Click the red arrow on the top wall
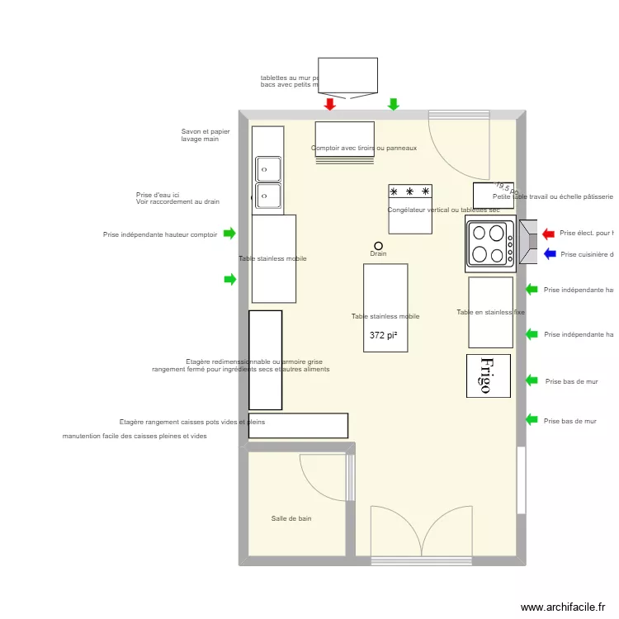(330, 104)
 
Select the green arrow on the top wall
(394, 104)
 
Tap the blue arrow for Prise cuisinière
(550, 254)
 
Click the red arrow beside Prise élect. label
(550, 234)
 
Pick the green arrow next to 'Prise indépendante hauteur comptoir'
(230, 234)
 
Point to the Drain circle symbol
(379, 245)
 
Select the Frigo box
(488, 375)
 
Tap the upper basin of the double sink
(268, 169)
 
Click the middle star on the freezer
(410, 192)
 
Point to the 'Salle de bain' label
(291, 518)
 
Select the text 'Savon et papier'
(206, 131)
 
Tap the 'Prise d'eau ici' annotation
(158, 196)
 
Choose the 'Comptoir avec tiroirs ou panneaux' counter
(345, 139)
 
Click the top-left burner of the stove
(478, 233)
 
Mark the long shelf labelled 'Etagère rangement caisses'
(298, 425)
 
